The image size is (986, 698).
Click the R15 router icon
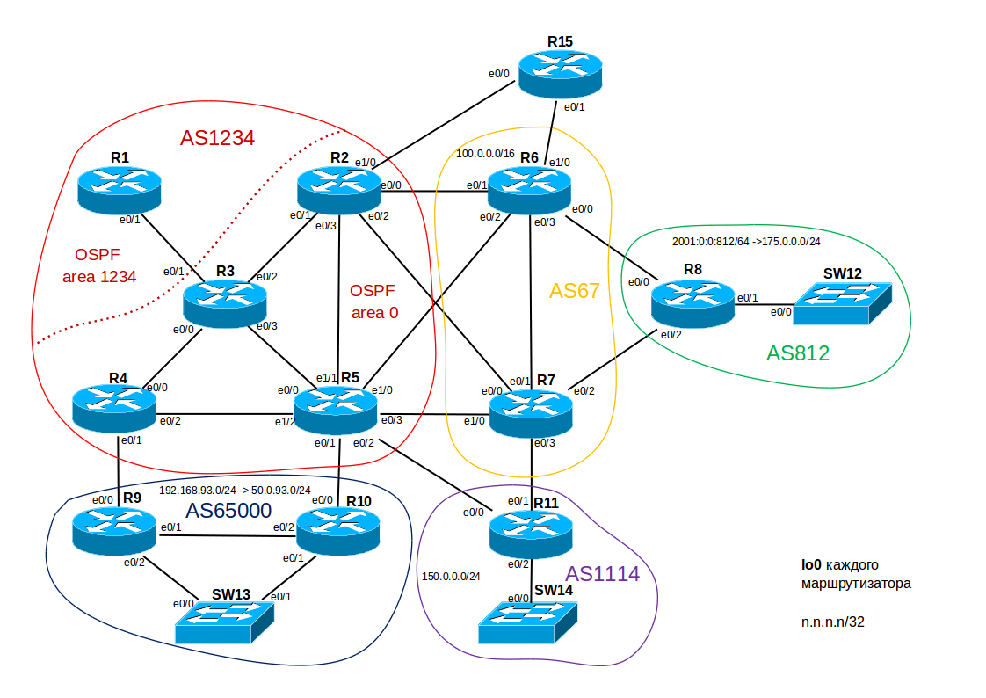[x=559, y=73]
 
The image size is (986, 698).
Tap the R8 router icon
[x=692, y=303]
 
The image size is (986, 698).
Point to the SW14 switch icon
[x=530, y=622]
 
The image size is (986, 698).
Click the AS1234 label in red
[x=217, y=138]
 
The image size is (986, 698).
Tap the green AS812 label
[x=797, y=353]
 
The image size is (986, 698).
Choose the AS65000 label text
[x=228, y=511]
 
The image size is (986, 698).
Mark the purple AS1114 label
[x=602, y=574]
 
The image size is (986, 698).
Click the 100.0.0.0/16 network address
[x=485, y=154]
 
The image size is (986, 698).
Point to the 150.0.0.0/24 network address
[x=451, y=577]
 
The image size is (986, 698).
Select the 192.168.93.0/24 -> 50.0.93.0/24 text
[x=235, y=490]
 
